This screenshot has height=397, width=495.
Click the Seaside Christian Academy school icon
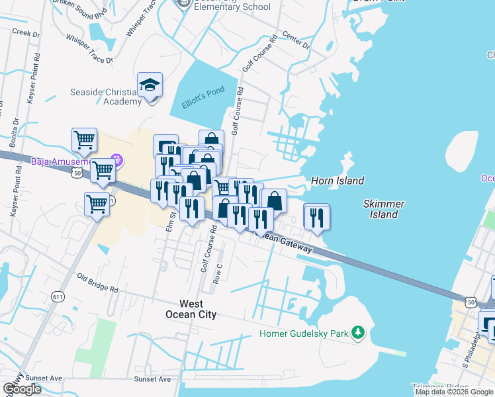(x=150, y=85)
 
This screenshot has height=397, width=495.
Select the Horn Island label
(x=337, y=181)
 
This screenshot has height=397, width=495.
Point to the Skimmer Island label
(x=384, y=209)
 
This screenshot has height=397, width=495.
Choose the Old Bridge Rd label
(x=97, y=283)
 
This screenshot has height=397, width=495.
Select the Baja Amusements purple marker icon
(x=117, y=160)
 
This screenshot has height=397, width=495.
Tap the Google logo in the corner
(x=22, y=389)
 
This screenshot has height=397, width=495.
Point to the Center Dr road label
(x=296, y=42)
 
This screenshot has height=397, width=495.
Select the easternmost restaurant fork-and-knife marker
(x=316, y=216)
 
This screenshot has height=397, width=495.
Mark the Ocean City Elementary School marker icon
(x=184, y=4)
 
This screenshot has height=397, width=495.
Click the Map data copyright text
(x=455, y=392)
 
